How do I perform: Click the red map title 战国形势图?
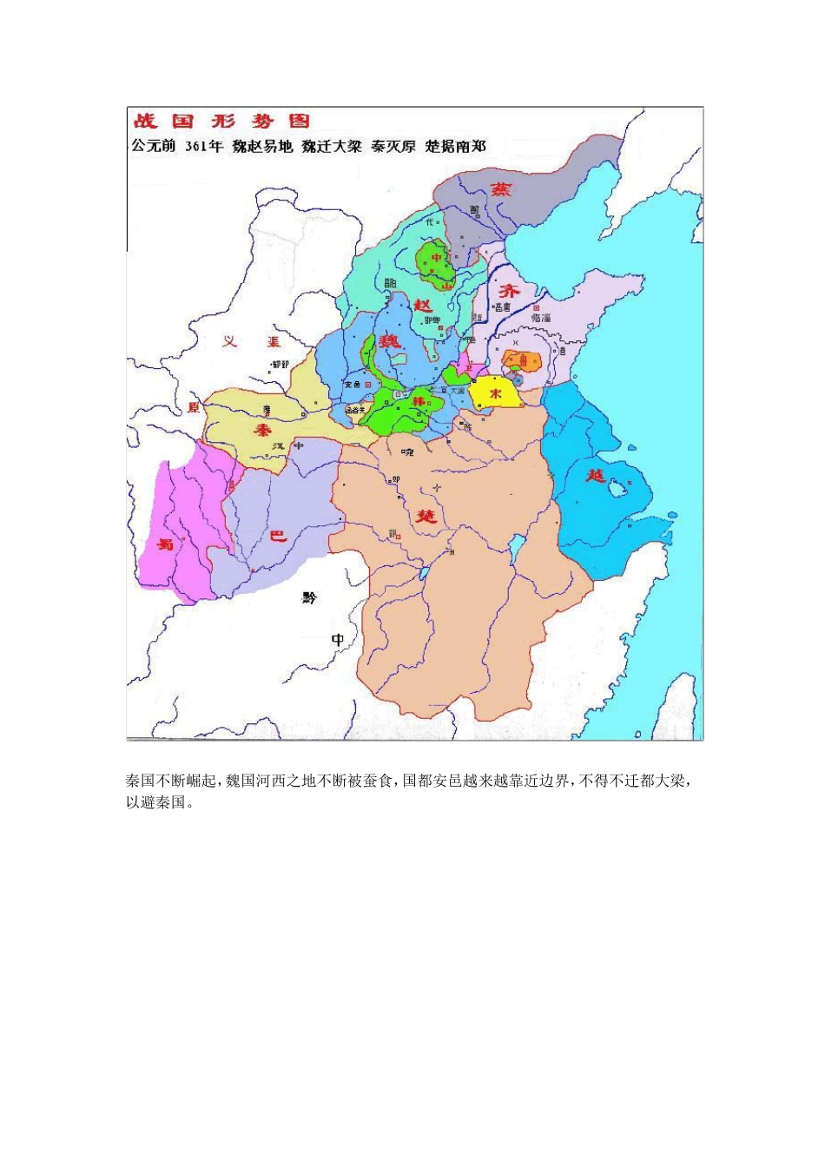(x=222, y=122)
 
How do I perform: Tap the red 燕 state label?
(x=502, y=189)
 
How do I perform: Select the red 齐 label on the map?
(x=508, y=292)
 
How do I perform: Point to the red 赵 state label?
(x=423, y=306)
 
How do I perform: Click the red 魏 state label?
(x=390, y=340)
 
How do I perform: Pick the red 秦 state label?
(x=263, y=431)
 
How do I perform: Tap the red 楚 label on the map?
(x=426, y=517)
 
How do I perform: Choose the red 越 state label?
(x=596, y=476)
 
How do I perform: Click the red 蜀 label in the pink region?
(x=165, y=545)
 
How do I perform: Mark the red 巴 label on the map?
(x=278, y=536)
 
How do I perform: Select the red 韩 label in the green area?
(x=419, y=401)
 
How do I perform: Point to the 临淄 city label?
(x=541, y=319)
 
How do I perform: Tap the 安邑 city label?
(x=353, y=383)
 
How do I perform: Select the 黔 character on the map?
(x=310, y=598)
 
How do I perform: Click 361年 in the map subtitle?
(x=204, y=146)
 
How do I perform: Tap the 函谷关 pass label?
(x=355, y=409)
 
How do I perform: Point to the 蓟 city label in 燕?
(x=474, y=209)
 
